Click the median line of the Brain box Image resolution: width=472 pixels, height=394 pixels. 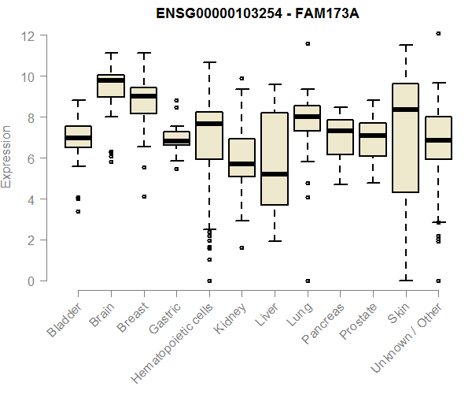pos(110,80)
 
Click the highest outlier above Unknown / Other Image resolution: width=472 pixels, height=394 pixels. pos(438,34)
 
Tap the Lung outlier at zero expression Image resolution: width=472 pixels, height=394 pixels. pos(308,281)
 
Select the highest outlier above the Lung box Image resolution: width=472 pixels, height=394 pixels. pos(308,43)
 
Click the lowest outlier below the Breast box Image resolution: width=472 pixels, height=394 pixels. pos(144,196)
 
